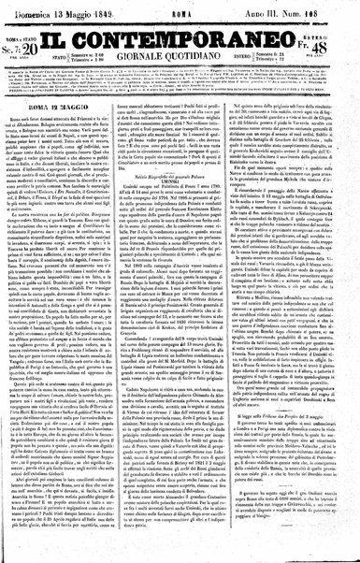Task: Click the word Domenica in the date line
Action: point(37,10)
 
